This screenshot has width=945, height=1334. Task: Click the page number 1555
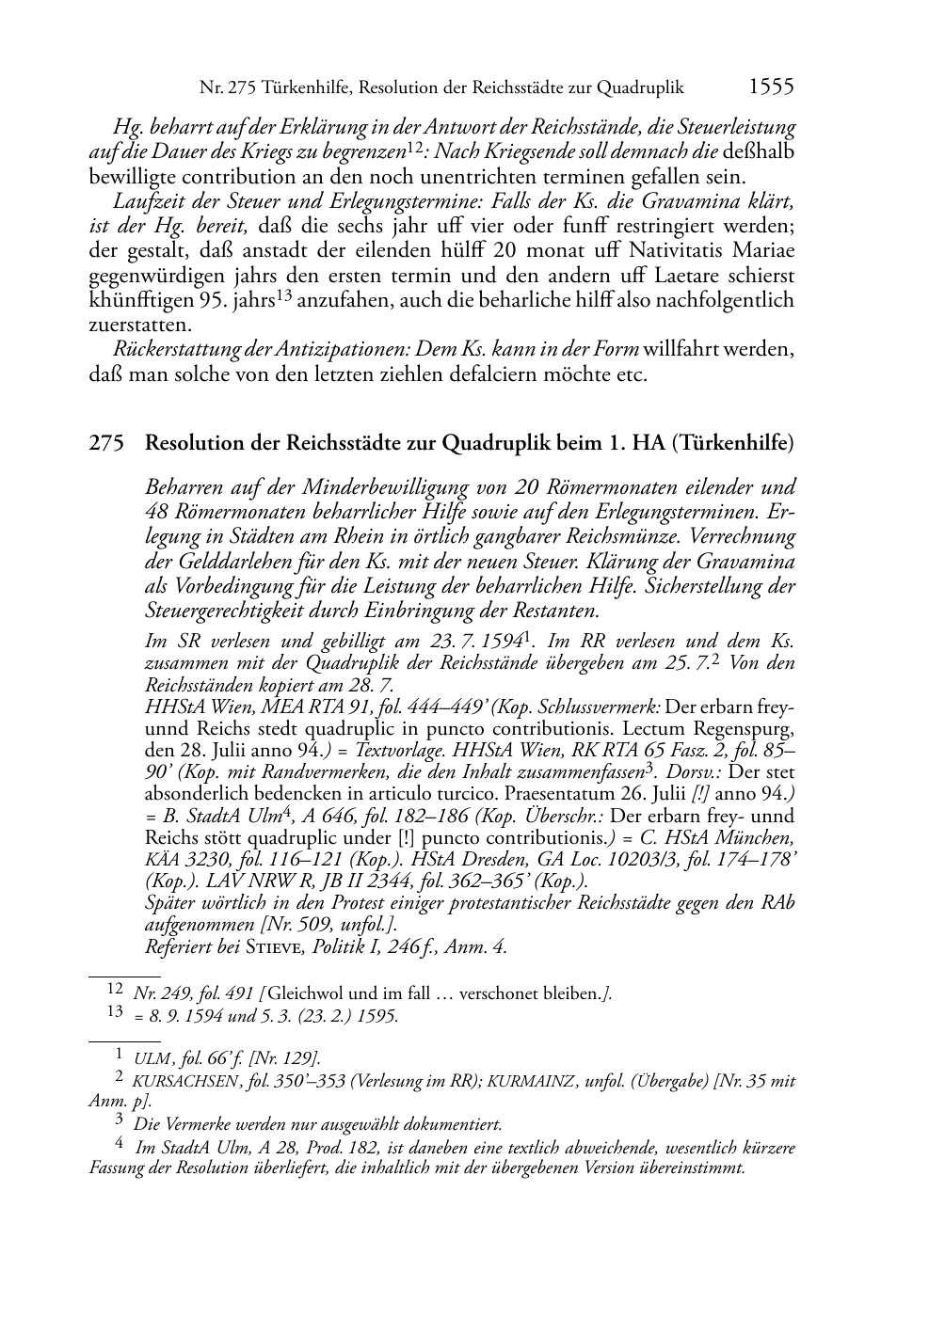click(771, 87)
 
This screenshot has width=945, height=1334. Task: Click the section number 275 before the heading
click(106, 444)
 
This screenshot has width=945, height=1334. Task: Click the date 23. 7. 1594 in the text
click(478, 642)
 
